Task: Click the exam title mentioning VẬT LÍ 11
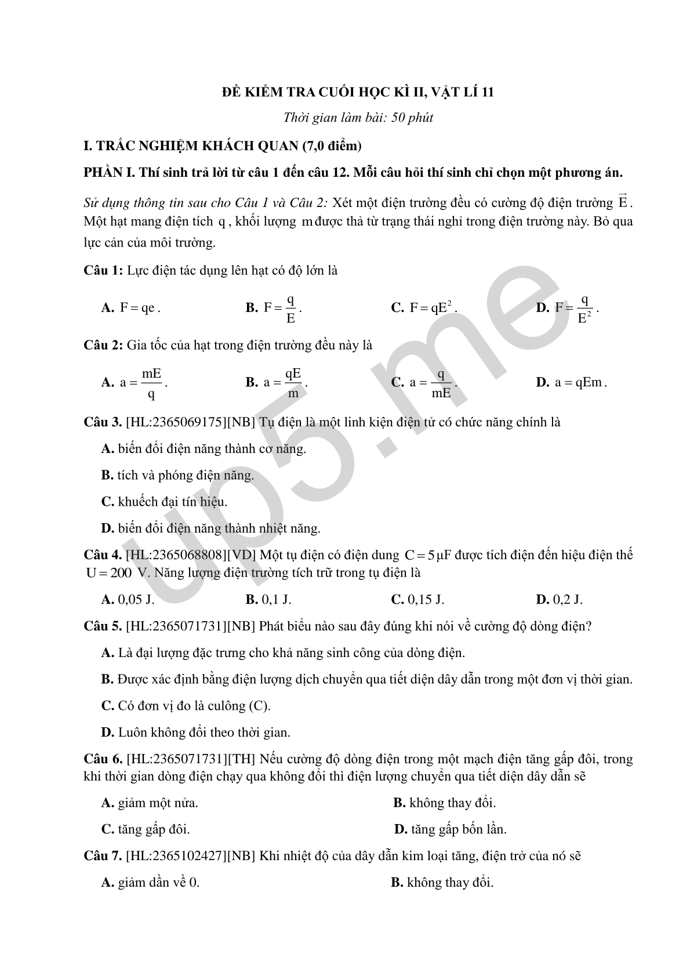point(358,92)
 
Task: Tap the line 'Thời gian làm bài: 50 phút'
point(358,118)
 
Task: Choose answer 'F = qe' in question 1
point(139,308)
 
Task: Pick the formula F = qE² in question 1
point(433,308)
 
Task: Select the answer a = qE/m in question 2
point(285,383)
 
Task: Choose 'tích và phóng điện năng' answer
point(185,476)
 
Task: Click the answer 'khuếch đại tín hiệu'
point(172,502)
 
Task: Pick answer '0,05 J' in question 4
point(136,600)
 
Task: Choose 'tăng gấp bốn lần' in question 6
point(458,830)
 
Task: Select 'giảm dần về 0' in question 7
point(158,883)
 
